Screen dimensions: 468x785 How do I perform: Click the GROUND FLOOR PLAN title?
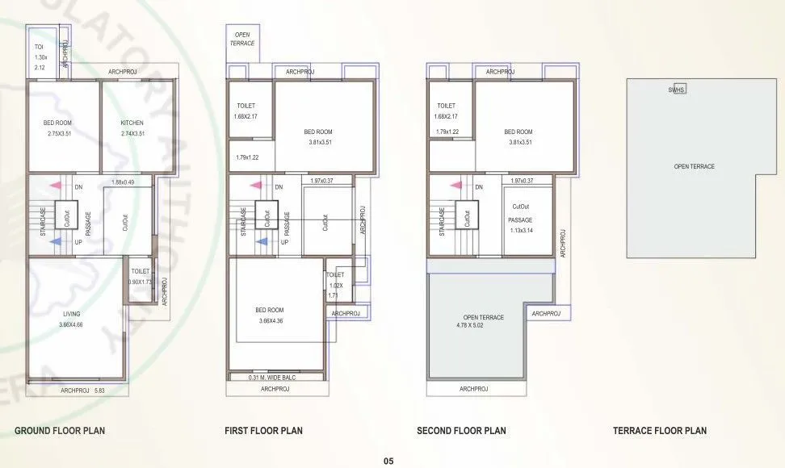pyautogui.click(x=60, y=431)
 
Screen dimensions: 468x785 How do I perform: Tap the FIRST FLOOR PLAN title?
pyautogui.click(x=263, y=431)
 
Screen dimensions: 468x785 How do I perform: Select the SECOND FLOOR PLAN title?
pyautogui.click(x=461, y=431)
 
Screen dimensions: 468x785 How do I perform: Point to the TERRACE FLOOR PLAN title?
pyautogui.click(x=660, y=431)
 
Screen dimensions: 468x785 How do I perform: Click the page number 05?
pyautogui.click(x=388, y=462)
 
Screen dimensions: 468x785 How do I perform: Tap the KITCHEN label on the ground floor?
pyautogui.click(x=132, y=123)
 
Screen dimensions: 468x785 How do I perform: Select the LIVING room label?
pyautogui.click(x=71, y=313)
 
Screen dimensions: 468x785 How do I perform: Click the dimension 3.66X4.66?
pyautogui.click(x=71, y=324)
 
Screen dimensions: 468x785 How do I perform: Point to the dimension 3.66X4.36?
pyautogui.click(x=270, y=320)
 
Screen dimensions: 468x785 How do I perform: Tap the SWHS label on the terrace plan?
pyautogui.click(x=676, y=90)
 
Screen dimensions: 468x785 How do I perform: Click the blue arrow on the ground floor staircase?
pyautogui.click(x=55, y=240)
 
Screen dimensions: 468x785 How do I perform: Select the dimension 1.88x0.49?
pyautogui.click(x=123, y=182)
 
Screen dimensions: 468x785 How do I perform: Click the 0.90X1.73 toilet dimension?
pyautogui.click(x=141, y=282)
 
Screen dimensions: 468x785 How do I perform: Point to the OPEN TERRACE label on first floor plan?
pyautogui.click(x=243, y=39)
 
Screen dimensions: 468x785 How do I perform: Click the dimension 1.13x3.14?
pyautogui.click(x=520, y=230)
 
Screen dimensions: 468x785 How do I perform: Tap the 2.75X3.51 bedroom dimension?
pyautogui.click(x=60, y=133)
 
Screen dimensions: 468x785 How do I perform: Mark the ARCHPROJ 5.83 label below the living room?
pyautogui.click(x=83, y=391)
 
